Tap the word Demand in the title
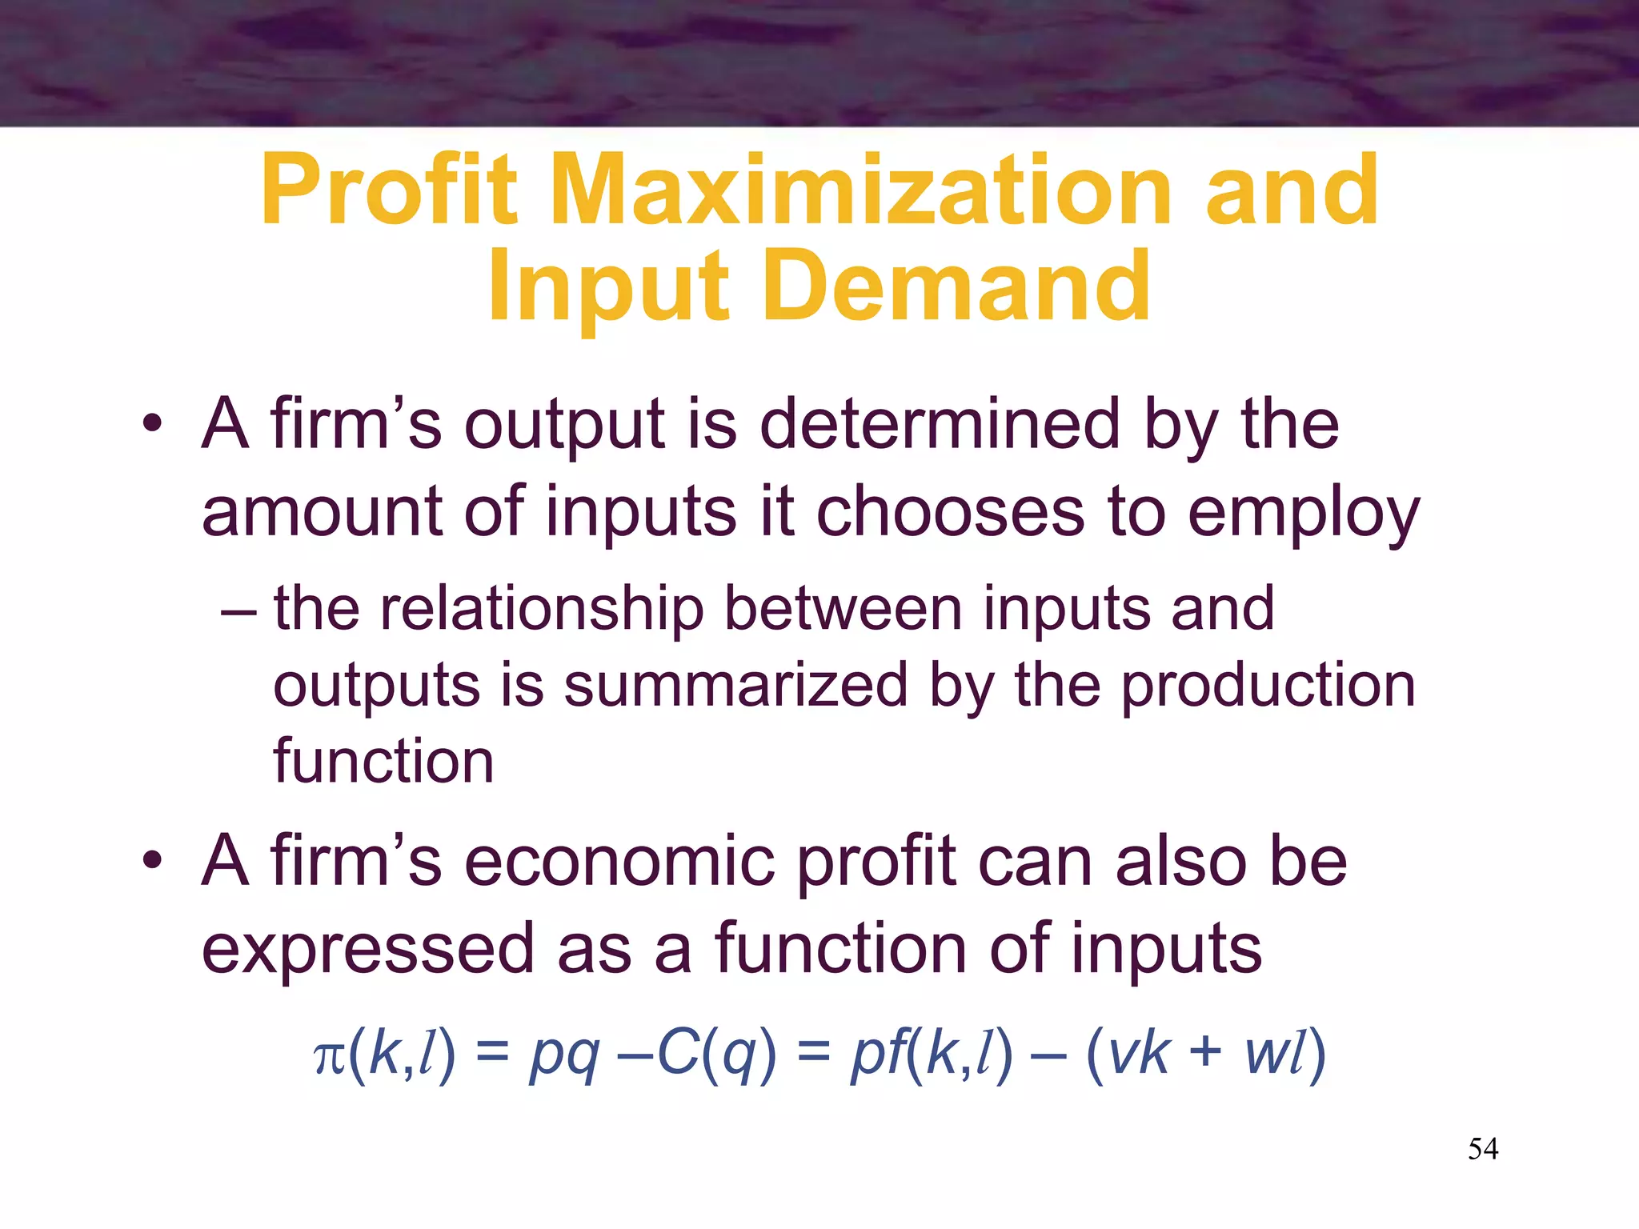click(957, 286)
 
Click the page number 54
click(1483, 1149)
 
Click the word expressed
click(367, 949)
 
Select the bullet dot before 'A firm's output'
click(152, 424)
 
